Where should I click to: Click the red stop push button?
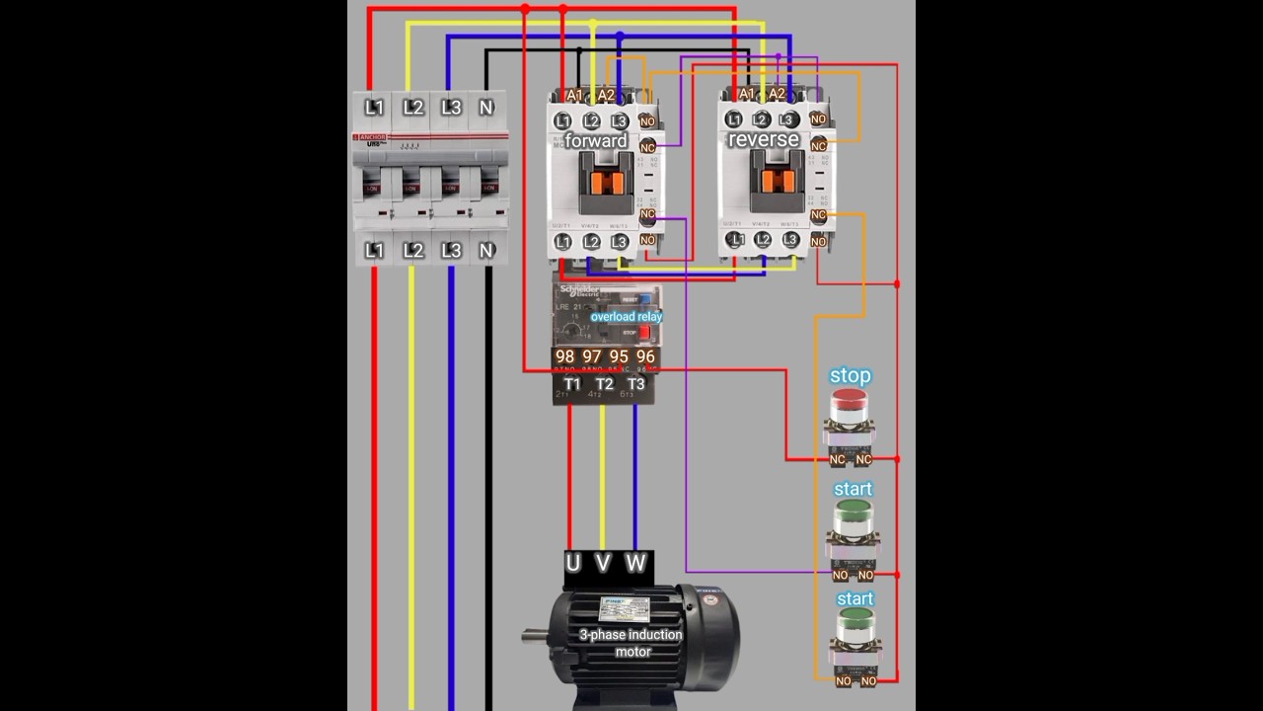(x=849, y=402)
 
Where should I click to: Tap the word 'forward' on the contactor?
(x=596, y=141)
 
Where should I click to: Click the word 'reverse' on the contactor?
(x=763, y=139)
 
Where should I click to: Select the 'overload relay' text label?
(x=627, y=317)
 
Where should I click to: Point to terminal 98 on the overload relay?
(x=564, y=356)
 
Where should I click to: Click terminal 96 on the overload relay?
(x=645, y=356)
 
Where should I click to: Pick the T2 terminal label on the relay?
(x=604, y=384)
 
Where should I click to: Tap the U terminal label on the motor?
(x=573, y=564)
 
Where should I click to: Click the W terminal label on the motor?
(x=635, y=564)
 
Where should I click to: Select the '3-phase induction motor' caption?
(x=631, y=642)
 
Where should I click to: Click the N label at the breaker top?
(x=485, y=108)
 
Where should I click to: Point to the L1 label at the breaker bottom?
(x=374, y=251)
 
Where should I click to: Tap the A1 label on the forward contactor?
(x=574, y=95)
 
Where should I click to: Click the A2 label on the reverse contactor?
(x=777, y=94)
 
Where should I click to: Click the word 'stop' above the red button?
(x=851, y=375)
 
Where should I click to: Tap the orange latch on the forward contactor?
(x=605, y=182)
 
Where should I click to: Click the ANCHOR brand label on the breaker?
(x=373, y=136)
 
